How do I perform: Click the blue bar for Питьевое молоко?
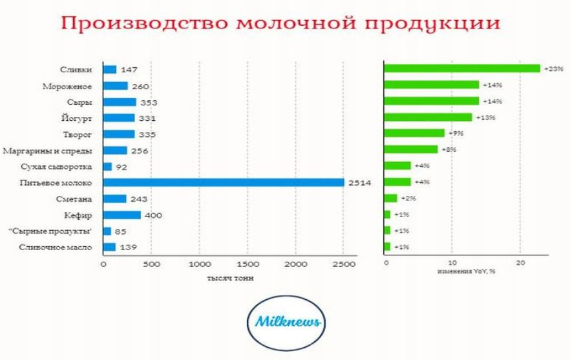click(x=223, y=183)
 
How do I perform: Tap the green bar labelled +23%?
click(x=461, y=69)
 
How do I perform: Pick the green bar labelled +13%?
click(x=428, y=117)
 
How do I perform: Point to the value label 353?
click(x=149, y=102)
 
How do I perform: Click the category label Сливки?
click(x=83, y=69)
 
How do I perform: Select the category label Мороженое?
click(x=76, y=85)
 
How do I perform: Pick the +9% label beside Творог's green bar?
click(x=456, y=134)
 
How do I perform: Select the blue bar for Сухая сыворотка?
click(x=107, y=167)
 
